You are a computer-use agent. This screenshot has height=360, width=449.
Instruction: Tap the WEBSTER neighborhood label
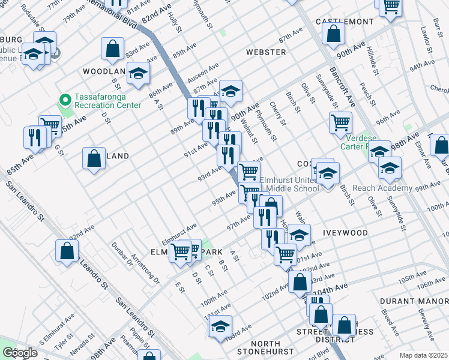pyautogui.click(x=266, y=52)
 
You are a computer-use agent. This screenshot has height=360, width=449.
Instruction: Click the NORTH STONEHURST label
pyautogui.click(x=264, y=347)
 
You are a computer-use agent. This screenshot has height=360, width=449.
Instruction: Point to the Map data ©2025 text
pyautogui.click(x=424, y=355)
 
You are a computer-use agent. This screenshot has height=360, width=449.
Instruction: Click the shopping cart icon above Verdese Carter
pyautogui.click(x=340, y=122)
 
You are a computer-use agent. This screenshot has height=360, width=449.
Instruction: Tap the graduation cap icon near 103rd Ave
pyautogui.click(x=220, y=327)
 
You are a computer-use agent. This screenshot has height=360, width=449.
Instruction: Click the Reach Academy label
pyautogui.click(x=382, y=188)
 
